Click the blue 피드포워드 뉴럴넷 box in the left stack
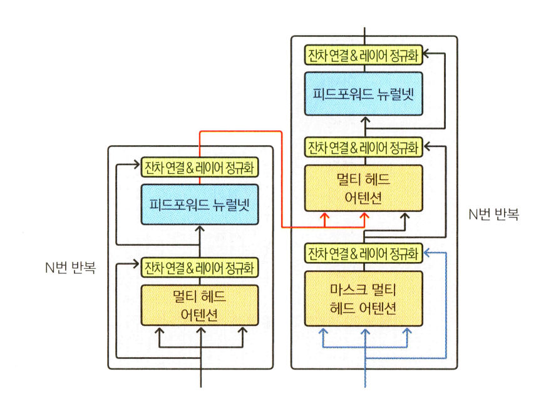[199, 204]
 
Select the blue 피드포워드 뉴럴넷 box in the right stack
[364, 94]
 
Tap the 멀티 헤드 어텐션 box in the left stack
[199, 305]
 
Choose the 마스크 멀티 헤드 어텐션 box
[364, 298]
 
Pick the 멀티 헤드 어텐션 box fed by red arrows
[364, 188]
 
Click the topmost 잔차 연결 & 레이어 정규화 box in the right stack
[364, 56]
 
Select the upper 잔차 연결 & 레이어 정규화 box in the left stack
[199, 168]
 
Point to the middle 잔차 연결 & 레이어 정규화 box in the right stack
[364, 148]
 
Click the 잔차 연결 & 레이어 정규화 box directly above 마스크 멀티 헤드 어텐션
[364, 253]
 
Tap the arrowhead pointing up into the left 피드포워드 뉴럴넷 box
[200, 228]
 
